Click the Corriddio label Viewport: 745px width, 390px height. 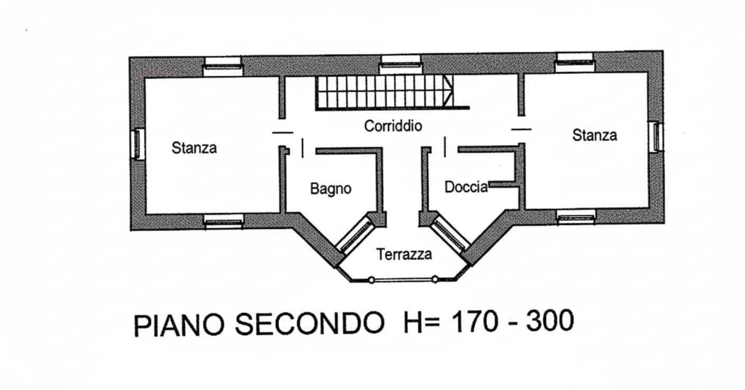pos(393,126)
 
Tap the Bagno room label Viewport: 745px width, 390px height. pos(331,189)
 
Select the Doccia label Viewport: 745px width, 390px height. pos(466,187)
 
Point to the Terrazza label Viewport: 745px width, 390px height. pos(404,254)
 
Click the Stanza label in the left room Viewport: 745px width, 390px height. pos(194,148)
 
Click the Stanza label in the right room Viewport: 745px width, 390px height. pos(595,135)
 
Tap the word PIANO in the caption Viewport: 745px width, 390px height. pos(179,325)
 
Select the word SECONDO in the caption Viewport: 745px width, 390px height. pos(310,323)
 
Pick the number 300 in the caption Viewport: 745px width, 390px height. pos(550,320)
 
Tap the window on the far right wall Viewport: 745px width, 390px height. pos(657,137)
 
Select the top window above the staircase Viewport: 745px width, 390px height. pos(401,64)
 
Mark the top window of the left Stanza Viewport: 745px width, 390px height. pos(223,66)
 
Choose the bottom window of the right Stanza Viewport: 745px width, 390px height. pos(576,217)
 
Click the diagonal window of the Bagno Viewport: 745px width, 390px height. pos(355,234)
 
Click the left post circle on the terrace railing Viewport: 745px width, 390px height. pos(371,280)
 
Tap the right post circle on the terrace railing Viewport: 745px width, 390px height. pos(435,279)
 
